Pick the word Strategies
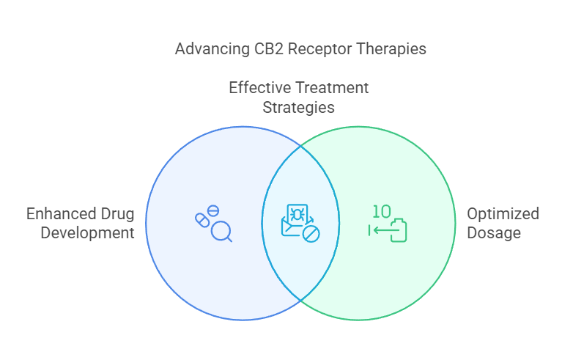tap(299, 107)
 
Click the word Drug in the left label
tap(117, 214)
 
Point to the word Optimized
tap(503, 214)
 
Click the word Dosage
tap(493, 233)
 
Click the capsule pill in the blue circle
tap(202, 221)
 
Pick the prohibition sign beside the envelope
tap(311, 235)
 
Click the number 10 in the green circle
tap(381, 212)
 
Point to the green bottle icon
tap(398, 229)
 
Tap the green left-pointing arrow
tap(377, 230)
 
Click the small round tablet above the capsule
tap(214, 211)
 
